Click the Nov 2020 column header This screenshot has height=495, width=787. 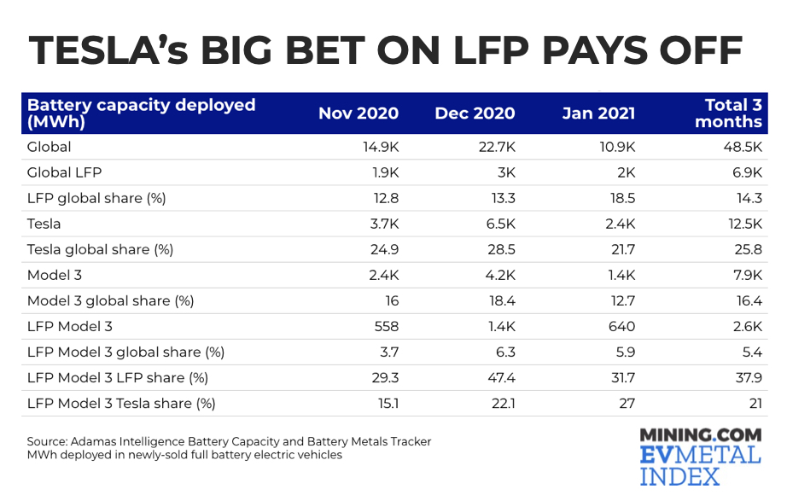[358, 114]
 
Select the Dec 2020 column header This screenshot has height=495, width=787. [475, 114]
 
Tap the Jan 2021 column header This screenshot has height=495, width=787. [598, 114]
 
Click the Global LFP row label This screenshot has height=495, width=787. [64, 172]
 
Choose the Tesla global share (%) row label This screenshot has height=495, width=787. [100, 249]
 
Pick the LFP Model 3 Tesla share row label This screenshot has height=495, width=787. [121, 403]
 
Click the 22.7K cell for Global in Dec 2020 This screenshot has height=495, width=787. [498, 147]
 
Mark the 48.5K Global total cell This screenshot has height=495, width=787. [742, 147]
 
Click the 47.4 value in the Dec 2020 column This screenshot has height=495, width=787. [501, 377]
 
